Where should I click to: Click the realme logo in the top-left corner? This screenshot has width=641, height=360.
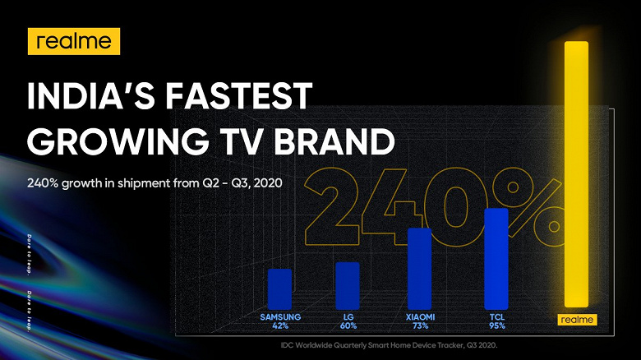pos(74,41)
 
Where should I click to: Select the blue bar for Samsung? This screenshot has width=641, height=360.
pos(280,289)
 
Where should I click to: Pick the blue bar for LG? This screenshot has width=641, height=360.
pos(348,286)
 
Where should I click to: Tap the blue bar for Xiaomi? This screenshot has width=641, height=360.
pos(419,269)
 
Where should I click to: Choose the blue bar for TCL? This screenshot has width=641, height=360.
pos(496,259)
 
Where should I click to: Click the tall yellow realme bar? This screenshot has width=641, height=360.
pos(576,174)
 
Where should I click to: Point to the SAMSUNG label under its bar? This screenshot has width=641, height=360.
pos(280,317)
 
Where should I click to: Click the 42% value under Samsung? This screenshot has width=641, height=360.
pos(280,326)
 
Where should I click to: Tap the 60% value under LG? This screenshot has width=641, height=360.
pos(348,326)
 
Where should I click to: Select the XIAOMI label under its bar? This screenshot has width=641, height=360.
pos(420,317)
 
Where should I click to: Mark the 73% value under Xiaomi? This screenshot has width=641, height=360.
pos(420,326)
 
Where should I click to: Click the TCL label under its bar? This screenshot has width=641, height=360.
pos(497,317)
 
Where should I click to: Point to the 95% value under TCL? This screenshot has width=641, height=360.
pos(497,326)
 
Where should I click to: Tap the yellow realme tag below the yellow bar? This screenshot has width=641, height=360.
pos(577,320)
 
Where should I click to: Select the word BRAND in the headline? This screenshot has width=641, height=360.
pos(334,141)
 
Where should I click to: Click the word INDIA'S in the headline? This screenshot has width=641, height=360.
pos(90,96)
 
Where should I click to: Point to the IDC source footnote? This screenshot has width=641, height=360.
pos(390,345)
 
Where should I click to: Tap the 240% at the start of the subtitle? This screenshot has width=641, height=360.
pos(43,182)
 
